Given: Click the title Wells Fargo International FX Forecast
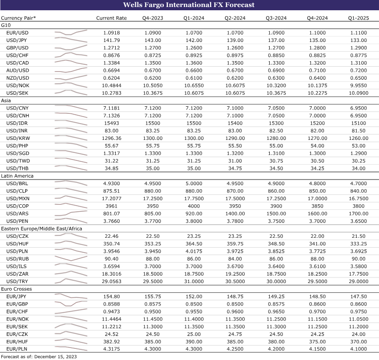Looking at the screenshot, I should coord(189,5).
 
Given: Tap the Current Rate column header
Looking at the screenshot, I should coord(111,18).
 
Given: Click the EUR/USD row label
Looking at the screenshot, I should coord(17,33).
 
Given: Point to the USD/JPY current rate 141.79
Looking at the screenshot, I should coord(111,41).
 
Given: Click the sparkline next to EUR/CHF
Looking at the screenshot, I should coord(71,312).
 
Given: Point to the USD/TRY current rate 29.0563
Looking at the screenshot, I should coord(111,281).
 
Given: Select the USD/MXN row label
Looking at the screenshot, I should coord(17,198).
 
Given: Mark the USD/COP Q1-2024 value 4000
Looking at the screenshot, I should coord(194,206).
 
